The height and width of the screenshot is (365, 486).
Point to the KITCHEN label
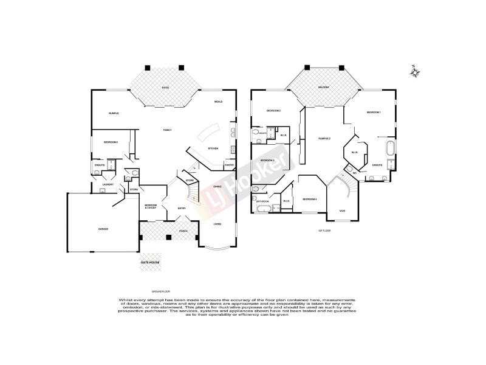213,148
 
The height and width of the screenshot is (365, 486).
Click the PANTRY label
229,165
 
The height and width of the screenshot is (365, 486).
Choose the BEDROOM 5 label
111,142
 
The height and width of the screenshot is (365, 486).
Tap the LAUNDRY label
109,184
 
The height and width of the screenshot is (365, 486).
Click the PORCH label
183,232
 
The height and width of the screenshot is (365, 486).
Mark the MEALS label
218,102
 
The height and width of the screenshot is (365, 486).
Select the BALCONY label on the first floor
324,88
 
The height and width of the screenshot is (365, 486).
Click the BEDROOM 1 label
373,113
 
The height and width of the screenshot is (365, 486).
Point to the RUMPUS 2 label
324,139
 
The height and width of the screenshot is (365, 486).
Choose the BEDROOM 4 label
310,199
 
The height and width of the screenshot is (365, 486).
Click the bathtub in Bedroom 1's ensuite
389,148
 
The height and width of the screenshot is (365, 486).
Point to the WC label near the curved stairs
354,173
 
